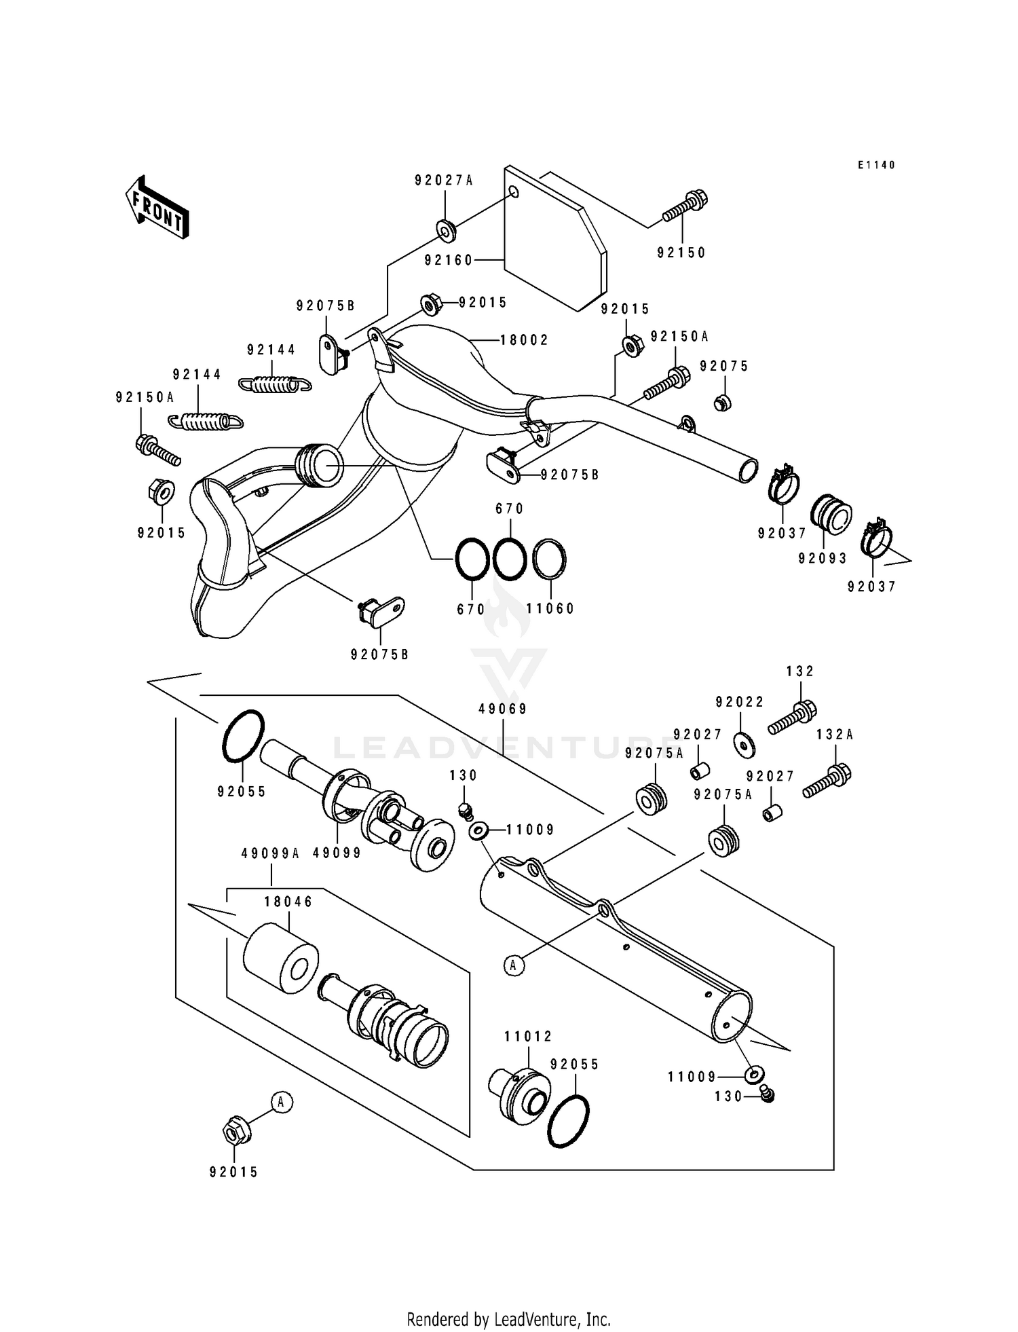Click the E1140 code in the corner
[876, 165]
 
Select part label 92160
[448, 260]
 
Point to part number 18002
[524, 339]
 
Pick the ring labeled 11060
[550, 559]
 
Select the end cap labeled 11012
[519, 1092]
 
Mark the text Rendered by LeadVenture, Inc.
[508, 1319]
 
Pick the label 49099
[337, 853]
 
